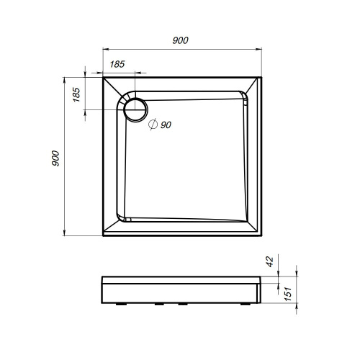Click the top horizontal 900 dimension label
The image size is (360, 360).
click(x=181, y=41)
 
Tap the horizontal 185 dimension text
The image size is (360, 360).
click(x=118, y=64)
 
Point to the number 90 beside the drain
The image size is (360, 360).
click(x=166, y=125)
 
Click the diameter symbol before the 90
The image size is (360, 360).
click(x=153, y=125)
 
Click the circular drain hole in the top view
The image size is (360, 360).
click(x=135, y=109)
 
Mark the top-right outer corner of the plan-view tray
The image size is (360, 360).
click(x=260, y=77)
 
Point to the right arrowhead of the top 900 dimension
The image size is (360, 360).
click(x=257, y=50)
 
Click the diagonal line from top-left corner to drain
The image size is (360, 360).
click(x=115, y=89)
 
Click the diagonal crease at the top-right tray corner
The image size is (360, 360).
click(x=253, y=84)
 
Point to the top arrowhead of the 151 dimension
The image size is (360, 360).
click(x=294, y=277)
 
